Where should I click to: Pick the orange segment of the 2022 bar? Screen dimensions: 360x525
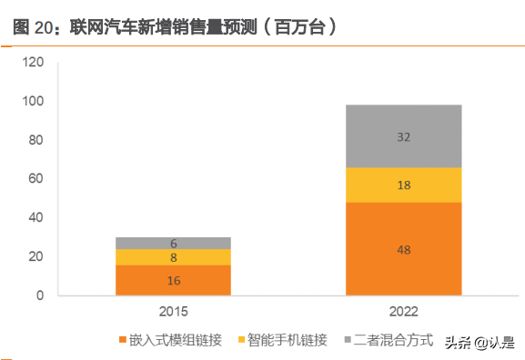pyautogui.click(x=404, y=248)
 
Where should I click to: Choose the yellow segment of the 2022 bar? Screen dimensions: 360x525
pyautogui.click(x=404, y=185)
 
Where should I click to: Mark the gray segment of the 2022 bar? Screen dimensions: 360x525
pyautogui.click(x=404, y=136)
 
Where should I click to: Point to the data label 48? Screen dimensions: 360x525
pyautogui.click(x=404, y=248)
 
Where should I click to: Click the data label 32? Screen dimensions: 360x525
pyautogui.click(x=404, y=136)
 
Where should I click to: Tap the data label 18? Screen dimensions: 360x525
pyautogui.click(x=404, y=185)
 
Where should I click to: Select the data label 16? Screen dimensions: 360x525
pyautogui.click(x=173, y=280)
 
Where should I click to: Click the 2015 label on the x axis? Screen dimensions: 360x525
pyautogui.click(x=173, y=312)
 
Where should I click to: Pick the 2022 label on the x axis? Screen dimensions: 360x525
pyautogui.click(x=404, y=312)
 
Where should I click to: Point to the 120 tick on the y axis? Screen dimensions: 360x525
pyautogui.click(x=34, y=63)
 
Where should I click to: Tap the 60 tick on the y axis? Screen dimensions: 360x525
pyautogui.click(x=37, y=179)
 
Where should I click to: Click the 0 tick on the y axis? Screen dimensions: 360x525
pyautogui.click(x=40, y=295)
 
